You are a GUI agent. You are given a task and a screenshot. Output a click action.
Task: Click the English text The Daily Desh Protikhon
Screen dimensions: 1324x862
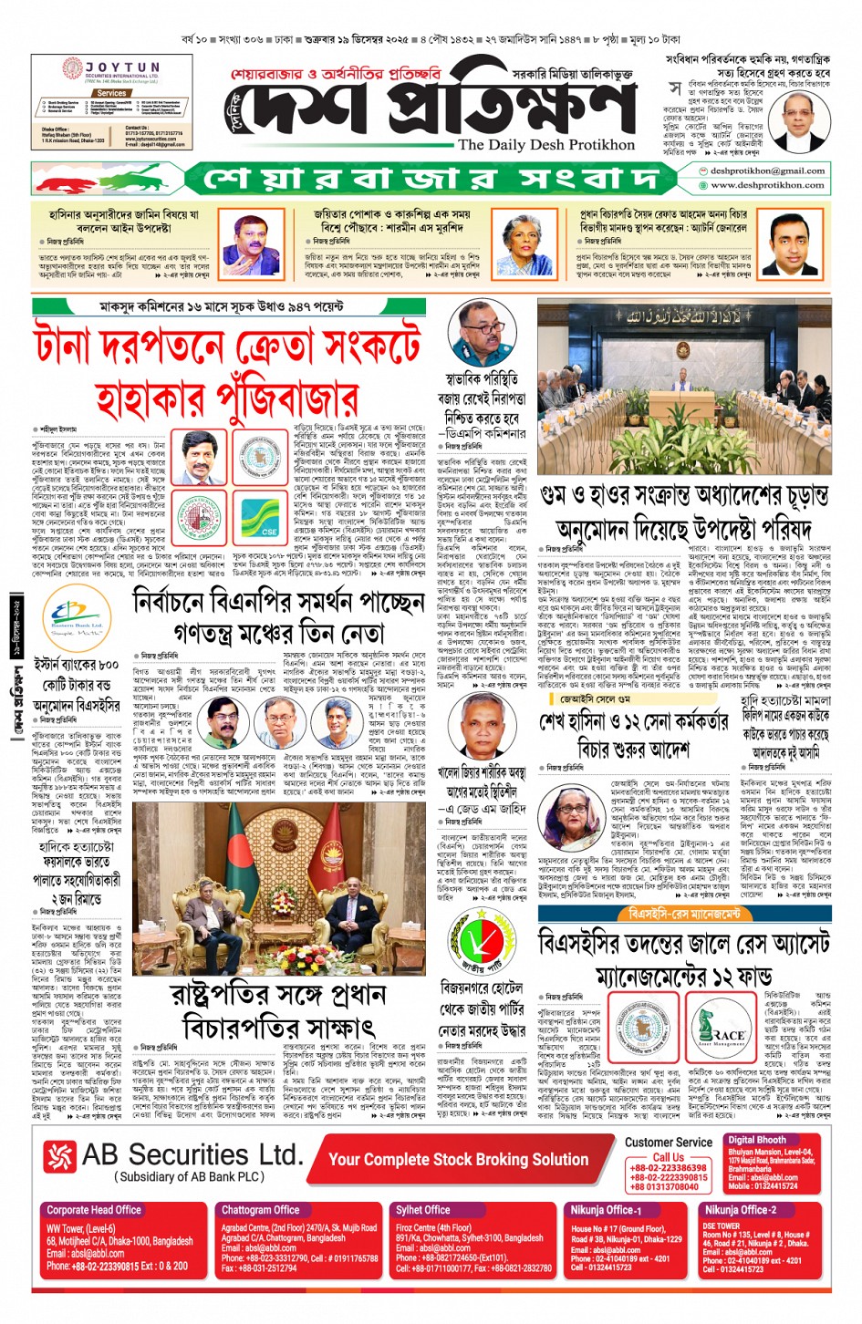tap(546, 144)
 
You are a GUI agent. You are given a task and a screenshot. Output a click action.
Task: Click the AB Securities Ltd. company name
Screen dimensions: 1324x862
tap(191, 1154)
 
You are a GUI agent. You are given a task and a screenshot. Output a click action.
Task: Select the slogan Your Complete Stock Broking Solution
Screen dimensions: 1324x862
tap(458, 1159)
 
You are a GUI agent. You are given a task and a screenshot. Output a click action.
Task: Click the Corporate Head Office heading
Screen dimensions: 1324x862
tap(94, 1210)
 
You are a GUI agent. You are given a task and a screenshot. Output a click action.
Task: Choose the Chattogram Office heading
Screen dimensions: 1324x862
tap(260, 1210)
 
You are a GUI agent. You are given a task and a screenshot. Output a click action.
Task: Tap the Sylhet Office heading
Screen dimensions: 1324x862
tap(423, 1210)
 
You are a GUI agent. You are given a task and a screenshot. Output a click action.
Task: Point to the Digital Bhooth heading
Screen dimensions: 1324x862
tap(756, 1140)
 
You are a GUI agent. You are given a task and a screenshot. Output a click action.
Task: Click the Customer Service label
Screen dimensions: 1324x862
tap(668, 1142)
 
